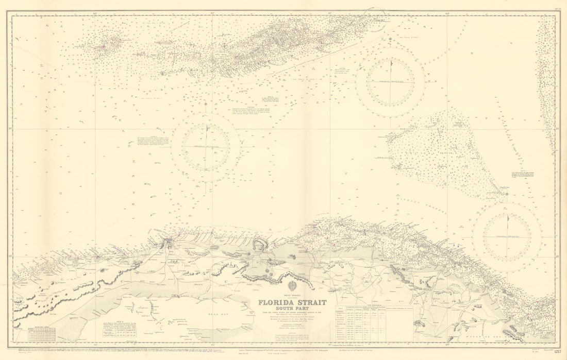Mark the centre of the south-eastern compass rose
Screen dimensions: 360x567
pos(507,237)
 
